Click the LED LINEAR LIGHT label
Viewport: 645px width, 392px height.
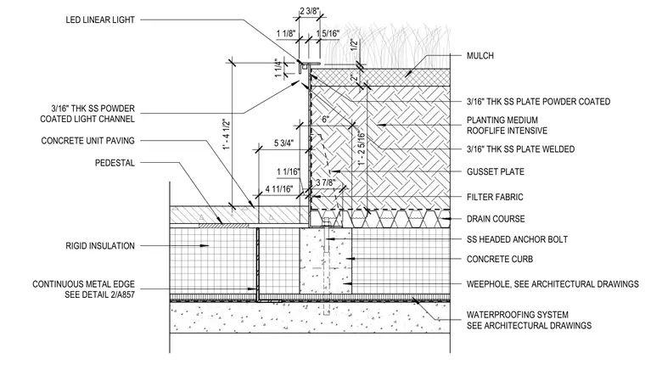[x=100, y=20]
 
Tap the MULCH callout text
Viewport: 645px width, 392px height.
[x=480, y=55]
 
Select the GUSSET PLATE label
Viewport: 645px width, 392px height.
[x=496, y=171]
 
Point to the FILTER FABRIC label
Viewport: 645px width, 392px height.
[x=495, y=197]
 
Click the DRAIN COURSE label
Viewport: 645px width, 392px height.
[x=496, y=219]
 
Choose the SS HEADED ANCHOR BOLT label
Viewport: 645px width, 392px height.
[x=517, y=239]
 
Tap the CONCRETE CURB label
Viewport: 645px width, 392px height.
[x=500, y=259]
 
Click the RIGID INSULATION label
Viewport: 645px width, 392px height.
[x=100, y=246]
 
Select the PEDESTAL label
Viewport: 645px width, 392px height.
[x=115, y=163]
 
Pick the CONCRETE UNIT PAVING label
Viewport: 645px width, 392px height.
[x=87, y=141]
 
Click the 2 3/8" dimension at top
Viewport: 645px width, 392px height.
[x=309, y=11]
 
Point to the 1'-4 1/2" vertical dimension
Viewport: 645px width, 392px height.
[x=227, y=135]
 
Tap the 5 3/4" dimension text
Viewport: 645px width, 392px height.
[x=284, y=143]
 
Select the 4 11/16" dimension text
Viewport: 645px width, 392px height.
[x=279, y=189]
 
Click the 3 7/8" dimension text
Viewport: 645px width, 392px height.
[x=326, y=182]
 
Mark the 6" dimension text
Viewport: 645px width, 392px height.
[x=325, y=120]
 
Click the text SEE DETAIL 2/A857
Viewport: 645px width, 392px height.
[x=99, y=294]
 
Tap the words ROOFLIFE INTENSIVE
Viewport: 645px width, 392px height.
[x=507, y=131]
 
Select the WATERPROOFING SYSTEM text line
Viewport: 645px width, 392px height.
[x=518, y=315]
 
